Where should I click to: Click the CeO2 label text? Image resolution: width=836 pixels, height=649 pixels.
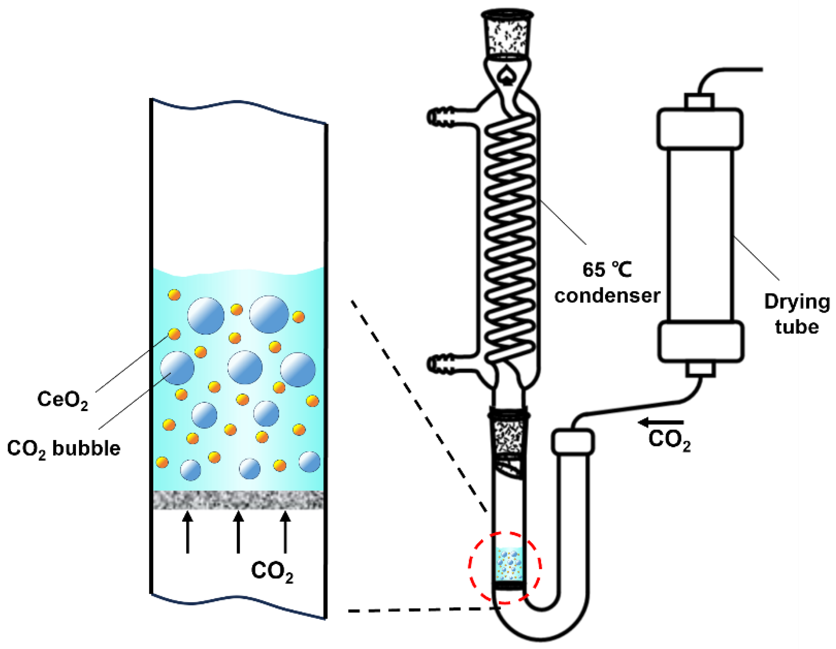click(x=62, y=400)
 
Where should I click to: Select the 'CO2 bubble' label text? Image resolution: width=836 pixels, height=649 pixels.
click(x=63, y=449)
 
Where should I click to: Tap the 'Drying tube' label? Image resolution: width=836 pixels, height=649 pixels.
click(x=797, y=314)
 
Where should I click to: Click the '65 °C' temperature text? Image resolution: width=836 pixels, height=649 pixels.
click(x=607, y=269)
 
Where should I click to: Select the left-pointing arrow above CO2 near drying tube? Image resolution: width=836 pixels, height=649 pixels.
click(x=661, y=422)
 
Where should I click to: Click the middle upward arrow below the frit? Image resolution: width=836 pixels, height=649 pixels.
click(x=238, y=532)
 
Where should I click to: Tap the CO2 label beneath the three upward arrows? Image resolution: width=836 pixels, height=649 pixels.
click(x=272, y=572)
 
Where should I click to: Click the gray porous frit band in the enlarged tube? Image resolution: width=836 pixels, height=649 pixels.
click(x=238, y=500)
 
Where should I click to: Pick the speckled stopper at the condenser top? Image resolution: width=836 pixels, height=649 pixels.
click(x=507, y=36)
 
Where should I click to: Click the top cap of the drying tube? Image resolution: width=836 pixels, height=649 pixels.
click(x=700, y=129)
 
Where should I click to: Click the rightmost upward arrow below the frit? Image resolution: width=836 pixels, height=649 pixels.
click(x=285, y=532)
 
